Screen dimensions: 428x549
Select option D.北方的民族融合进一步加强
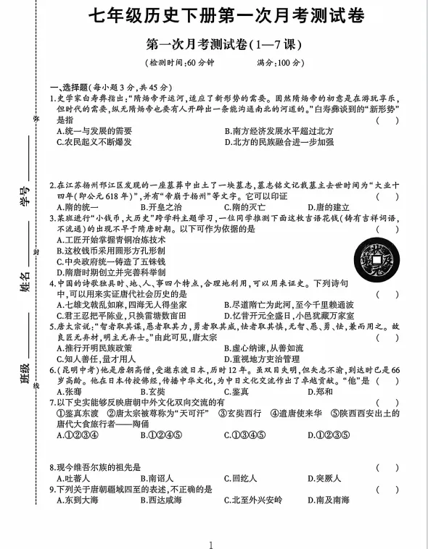[279, 141]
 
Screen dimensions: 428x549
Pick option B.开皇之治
[166, 206]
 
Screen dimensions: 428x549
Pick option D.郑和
[324, 391]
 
